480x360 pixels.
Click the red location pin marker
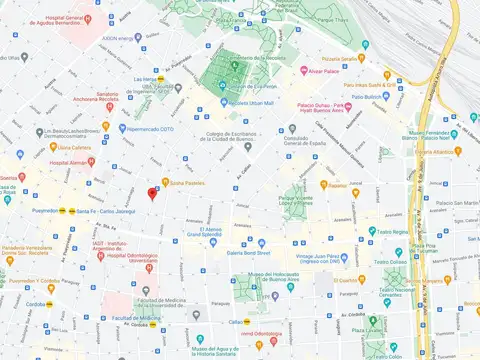[152, 193]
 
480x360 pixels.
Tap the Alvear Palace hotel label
[326, 71]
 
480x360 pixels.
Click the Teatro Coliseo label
[396, 264]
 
